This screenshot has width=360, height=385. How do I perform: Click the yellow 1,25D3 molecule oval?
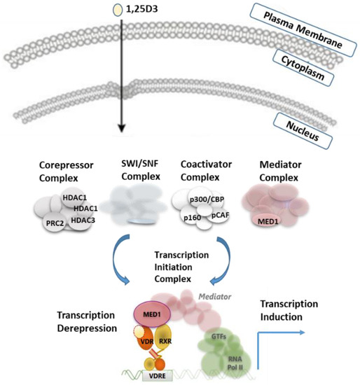[x=116, y=10]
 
